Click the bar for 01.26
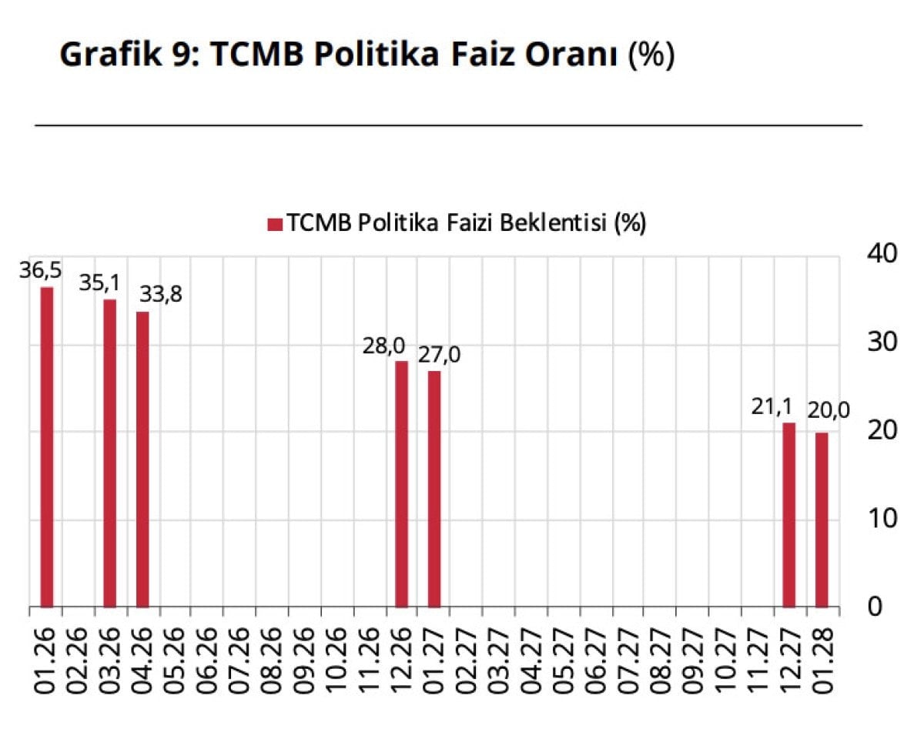[x=47, y=447]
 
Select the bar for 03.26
[x=110, y=453]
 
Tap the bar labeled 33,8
[x=142, y=460]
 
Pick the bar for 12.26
[x=401, y=484]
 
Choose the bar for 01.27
[x=434, y=489]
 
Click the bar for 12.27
[x=788, y=515]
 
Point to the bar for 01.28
[x=822, y=520]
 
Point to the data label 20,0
[x=829, y=410]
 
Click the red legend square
[x=275, y=224]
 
